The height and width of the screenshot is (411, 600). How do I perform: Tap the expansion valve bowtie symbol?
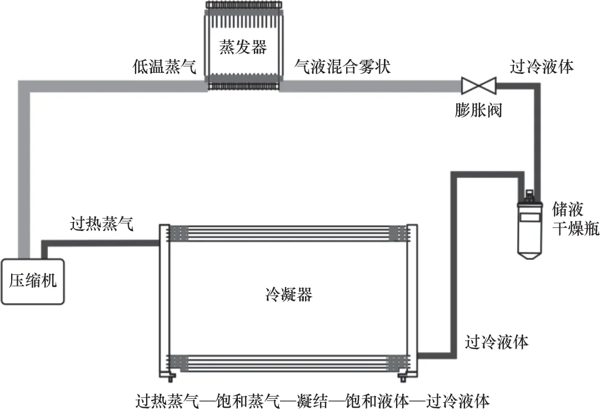[x=479, y=86]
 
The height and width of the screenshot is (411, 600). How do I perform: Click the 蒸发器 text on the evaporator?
[x=242, y=47]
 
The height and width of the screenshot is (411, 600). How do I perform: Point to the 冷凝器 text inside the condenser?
[x=289, y=294]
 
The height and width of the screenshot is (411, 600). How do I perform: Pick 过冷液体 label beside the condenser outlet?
[x=496, y=342]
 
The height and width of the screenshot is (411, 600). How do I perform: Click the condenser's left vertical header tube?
[x=164, y=300]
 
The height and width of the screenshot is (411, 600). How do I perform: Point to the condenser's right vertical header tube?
[x=412, y=300]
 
